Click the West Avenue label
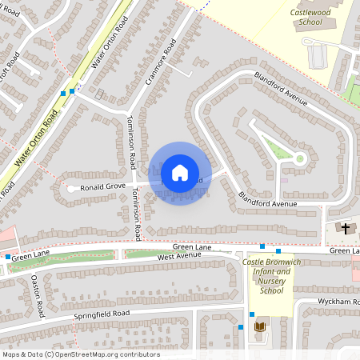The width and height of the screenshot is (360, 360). coord(178,257)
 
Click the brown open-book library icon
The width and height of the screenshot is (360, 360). coord(258,327)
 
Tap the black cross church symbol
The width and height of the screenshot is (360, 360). coord(346,229)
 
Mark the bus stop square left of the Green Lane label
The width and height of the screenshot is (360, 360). coord(8,257)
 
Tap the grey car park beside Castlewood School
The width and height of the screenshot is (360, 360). coord(317,55)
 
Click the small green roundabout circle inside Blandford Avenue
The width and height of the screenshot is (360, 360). coord(300,158)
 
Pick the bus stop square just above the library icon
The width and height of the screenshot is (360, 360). coord(251,314)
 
